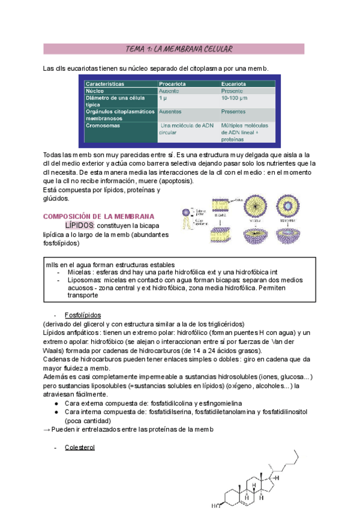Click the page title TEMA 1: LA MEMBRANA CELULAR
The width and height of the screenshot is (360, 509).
point(180,49)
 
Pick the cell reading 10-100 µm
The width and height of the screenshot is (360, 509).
point(235,97)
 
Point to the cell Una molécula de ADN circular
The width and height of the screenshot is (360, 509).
point(181,129)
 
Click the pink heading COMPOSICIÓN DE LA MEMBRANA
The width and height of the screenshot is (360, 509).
point(99,216)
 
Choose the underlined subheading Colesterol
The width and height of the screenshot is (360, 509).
point(80,447)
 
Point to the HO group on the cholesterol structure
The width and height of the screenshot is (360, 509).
point(215,505)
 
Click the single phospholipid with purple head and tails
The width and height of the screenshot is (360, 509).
point(190,213)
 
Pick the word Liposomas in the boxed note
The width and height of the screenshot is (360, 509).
point(83,280)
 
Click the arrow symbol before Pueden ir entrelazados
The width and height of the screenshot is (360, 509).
point(48,430)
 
